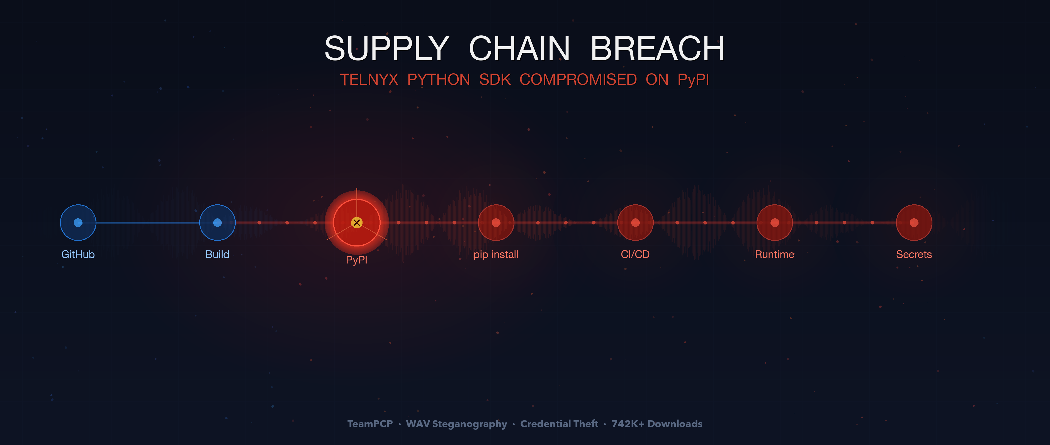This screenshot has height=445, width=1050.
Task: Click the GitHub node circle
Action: coord(78,223)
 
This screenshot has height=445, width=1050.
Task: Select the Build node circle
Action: coord(217,223)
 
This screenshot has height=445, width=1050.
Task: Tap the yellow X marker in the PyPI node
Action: coord(357,223)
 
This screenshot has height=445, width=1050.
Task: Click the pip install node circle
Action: coord(496,223)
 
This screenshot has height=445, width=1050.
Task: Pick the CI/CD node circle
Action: coord(635,223)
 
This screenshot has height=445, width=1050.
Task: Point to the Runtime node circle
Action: coord(774,223)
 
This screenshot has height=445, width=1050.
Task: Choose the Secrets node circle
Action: coord(914,223)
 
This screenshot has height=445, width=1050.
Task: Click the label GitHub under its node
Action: coord(78,255)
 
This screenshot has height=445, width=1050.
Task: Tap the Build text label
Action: coord(217,255)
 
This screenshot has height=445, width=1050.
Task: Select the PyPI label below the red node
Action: coord(357,260)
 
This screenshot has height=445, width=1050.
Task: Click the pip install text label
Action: coord(496,255)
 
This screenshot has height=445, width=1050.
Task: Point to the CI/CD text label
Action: coord(635,255)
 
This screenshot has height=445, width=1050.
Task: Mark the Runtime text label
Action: coord(774,255)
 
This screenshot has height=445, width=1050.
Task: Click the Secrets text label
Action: coord(914,255)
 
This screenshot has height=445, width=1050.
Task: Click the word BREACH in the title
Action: coord(657,49)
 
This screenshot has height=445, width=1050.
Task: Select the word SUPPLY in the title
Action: coord(387,49)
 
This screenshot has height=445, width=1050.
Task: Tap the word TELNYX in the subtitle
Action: coord(369,79)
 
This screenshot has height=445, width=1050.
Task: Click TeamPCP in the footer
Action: coord(370,424)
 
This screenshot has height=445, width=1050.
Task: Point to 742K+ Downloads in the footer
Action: coord(657,424)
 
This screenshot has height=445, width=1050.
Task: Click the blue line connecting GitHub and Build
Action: coord(148,223)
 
